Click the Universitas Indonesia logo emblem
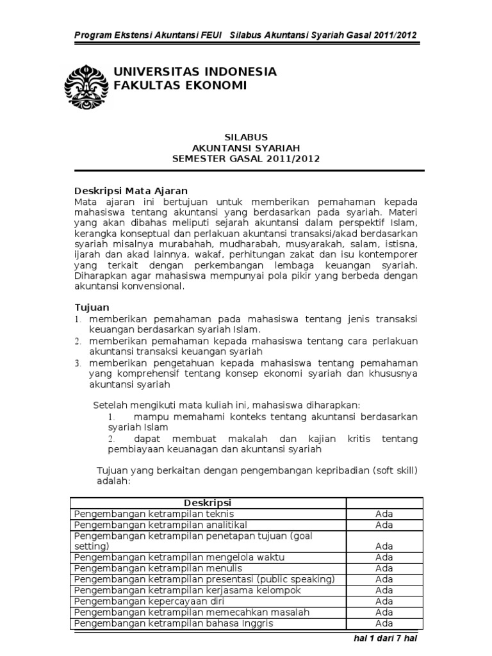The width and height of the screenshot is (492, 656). tap(88, 86)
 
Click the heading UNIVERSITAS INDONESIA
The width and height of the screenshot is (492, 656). tap(195, 71)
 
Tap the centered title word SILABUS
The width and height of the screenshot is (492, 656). tap(245, 137)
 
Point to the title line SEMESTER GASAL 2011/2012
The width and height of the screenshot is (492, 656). tap(245, 159)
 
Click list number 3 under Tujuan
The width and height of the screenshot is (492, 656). tap(76, 363)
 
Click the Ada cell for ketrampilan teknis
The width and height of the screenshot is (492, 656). tap(384, 514)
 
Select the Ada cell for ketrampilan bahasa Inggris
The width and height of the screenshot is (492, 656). tap(384, 623)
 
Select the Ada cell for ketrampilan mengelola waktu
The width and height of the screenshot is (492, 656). tap(384, 557)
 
